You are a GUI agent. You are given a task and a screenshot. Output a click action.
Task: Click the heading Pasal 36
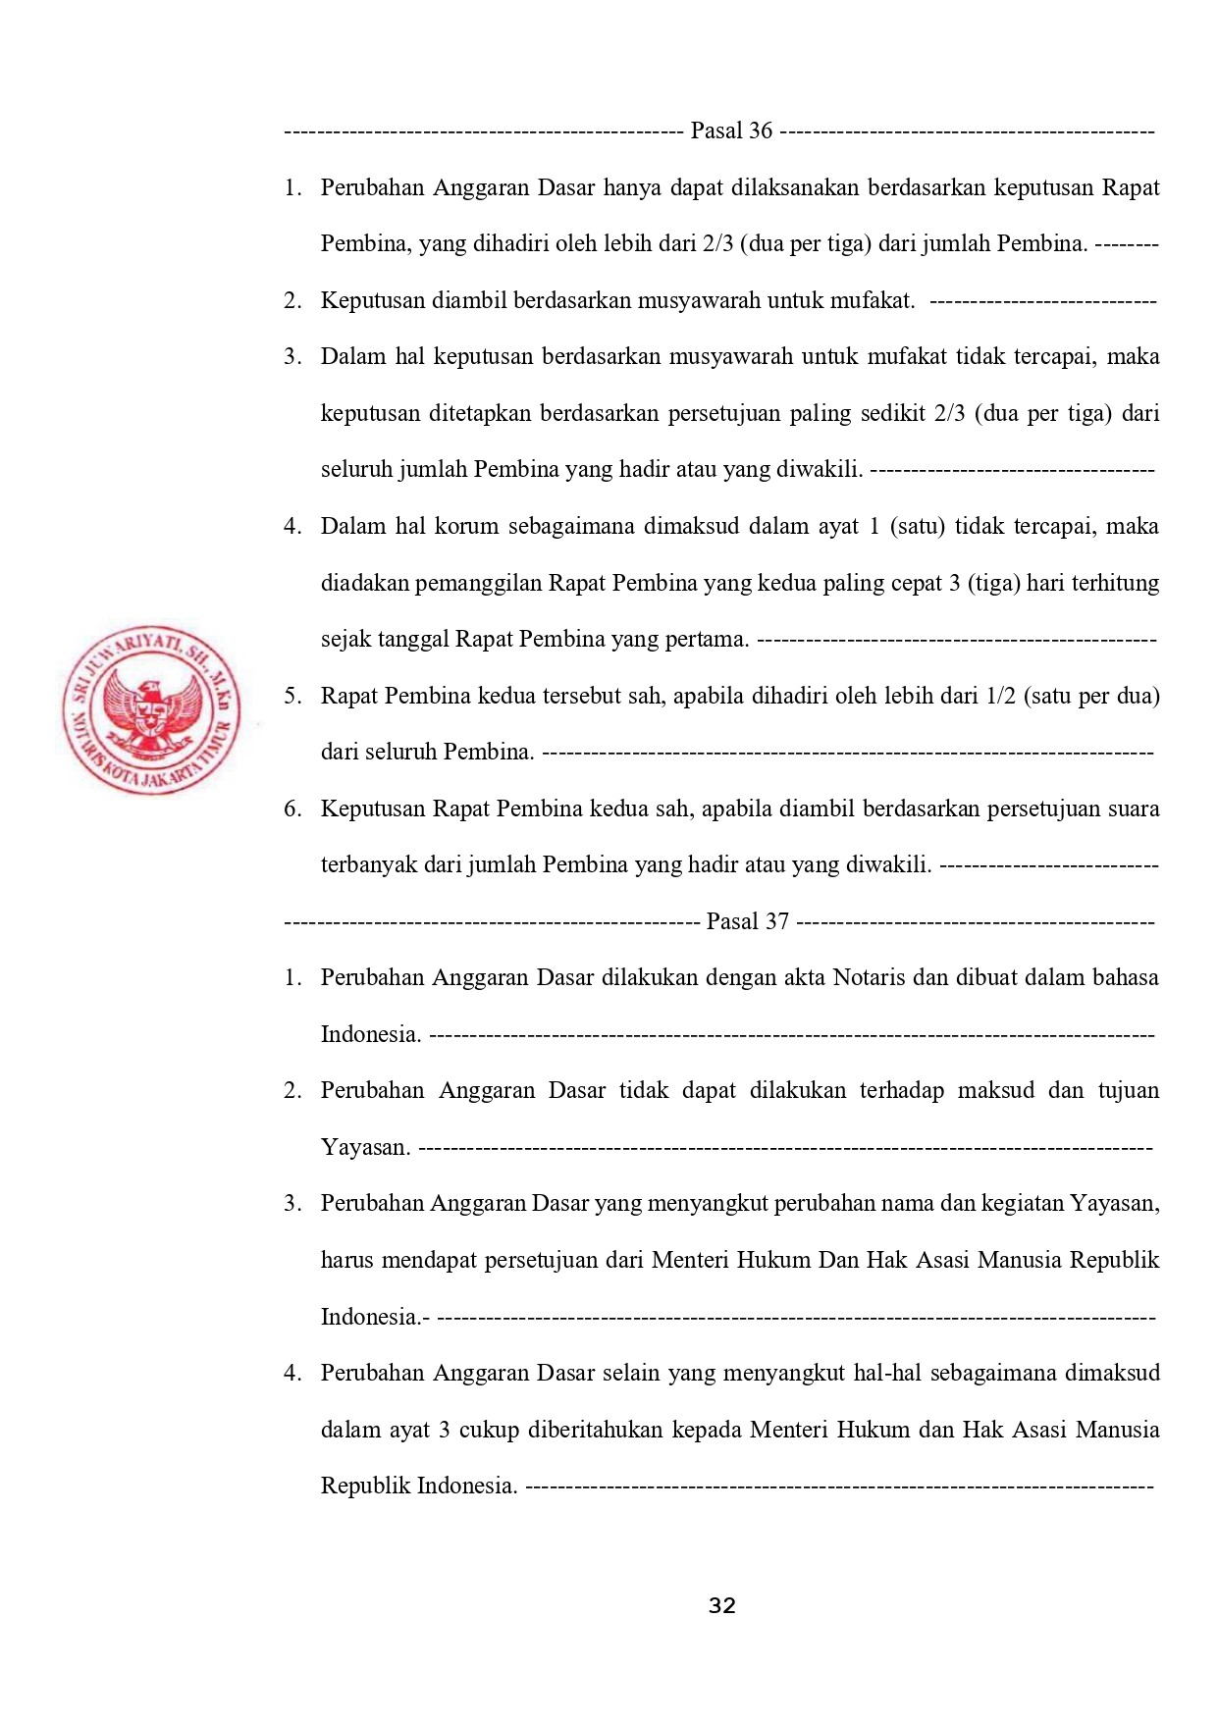731,130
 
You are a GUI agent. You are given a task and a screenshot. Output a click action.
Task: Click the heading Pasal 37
747,921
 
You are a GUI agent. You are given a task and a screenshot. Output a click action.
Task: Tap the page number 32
722,1605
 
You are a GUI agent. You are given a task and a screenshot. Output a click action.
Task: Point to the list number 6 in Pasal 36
292,809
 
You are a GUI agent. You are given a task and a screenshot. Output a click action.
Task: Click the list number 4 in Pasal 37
292,1373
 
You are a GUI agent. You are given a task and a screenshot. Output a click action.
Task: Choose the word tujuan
1128,1090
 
